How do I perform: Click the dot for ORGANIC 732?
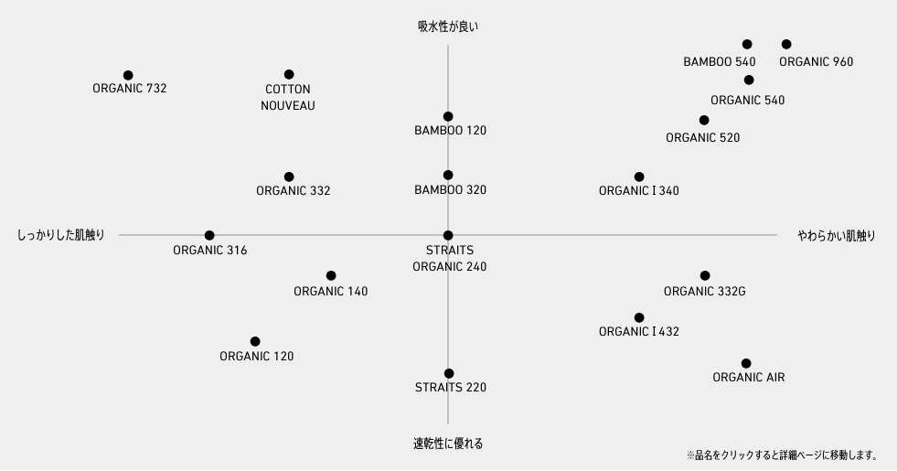click(x=128, y=76)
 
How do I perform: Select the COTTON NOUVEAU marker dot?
click(x=289, y=74)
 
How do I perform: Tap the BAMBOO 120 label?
click(x=450, y=131)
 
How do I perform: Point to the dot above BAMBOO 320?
click(x=448, y=175)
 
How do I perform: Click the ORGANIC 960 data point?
click(x=786, y=44)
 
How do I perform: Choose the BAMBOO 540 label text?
click(x=720, y=62)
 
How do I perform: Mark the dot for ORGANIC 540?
click(x=749, y=80)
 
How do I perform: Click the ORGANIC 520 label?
click(x=703, y=138)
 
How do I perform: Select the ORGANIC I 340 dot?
click(x=639, y=177)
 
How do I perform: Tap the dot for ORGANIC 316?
click(x=209, y=235)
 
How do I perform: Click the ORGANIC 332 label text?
click(x=294, y=191)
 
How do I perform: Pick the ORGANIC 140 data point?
click(x=331, y=276)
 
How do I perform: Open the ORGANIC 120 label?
click(x=257, y=357)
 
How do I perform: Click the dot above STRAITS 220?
click(x=449, y=374)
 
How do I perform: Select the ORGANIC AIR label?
click(x=749, y=378)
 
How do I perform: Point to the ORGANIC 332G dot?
click(x=705, y=276)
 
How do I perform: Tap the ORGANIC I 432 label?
click(x=639, y=332)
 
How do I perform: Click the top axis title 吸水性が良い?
click(x=448, y=27)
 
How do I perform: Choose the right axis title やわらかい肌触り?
click(x=837, y=236)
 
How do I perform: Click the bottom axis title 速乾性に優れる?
click(x=448, y=444)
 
